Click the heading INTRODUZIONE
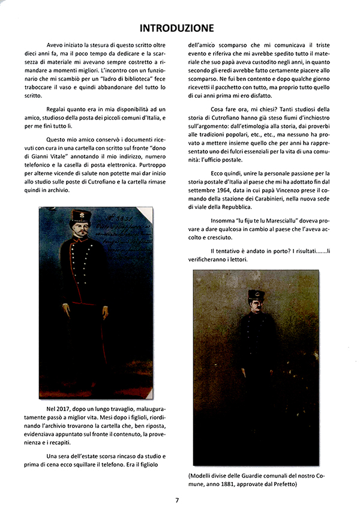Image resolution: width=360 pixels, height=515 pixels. pos(176,28)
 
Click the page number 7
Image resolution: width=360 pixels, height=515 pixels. pos(178,501)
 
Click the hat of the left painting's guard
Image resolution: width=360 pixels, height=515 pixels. pos(80,215)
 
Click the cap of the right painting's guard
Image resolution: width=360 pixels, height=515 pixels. pos(257,295)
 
